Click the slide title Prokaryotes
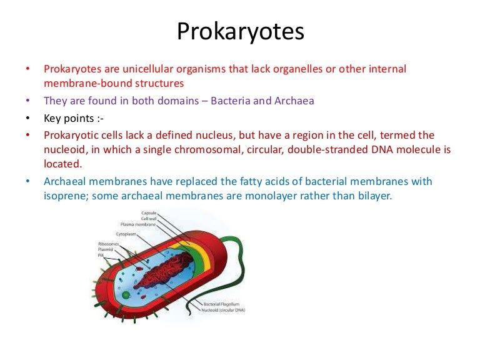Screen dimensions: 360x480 (x=240, y=31)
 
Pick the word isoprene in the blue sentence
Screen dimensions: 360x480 (x=64, y=195)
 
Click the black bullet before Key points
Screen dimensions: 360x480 (x=27, y=117)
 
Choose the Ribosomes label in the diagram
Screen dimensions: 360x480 (x=107, y=244)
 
